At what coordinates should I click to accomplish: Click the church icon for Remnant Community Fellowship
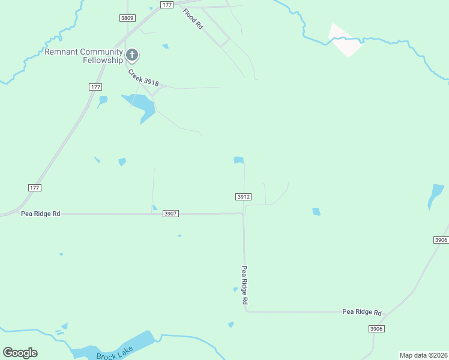click(132, 56)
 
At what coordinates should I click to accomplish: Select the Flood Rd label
click(193, 20)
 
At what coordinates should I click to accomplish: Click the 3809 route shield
click(127, 18)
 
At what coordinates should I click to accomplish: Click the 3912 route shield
click(243, 197)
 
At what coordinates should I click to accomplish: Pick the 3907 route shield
click(171, 214)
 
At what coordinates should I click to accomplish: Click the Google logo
click(20, 352)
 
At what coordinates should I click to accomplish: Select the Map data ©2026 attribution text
click(423, 355)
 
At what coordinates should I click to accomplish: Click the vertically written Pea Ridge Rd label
click(245, 286)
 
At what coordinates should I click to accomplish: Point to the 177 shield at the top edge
click(167, 4)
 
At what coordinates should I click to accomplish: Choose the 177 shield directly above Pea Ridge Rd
click(35, 188)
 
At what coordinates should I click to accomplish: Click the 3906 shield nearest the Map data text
click(376, 329)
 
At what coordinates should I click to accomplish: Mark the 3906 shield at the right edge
click(441, 240)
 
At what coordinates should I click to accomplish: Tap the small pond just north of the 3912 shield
click(239, 160)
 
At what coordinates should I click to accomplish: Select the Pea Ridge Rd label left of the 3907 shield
click(41, 214)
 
